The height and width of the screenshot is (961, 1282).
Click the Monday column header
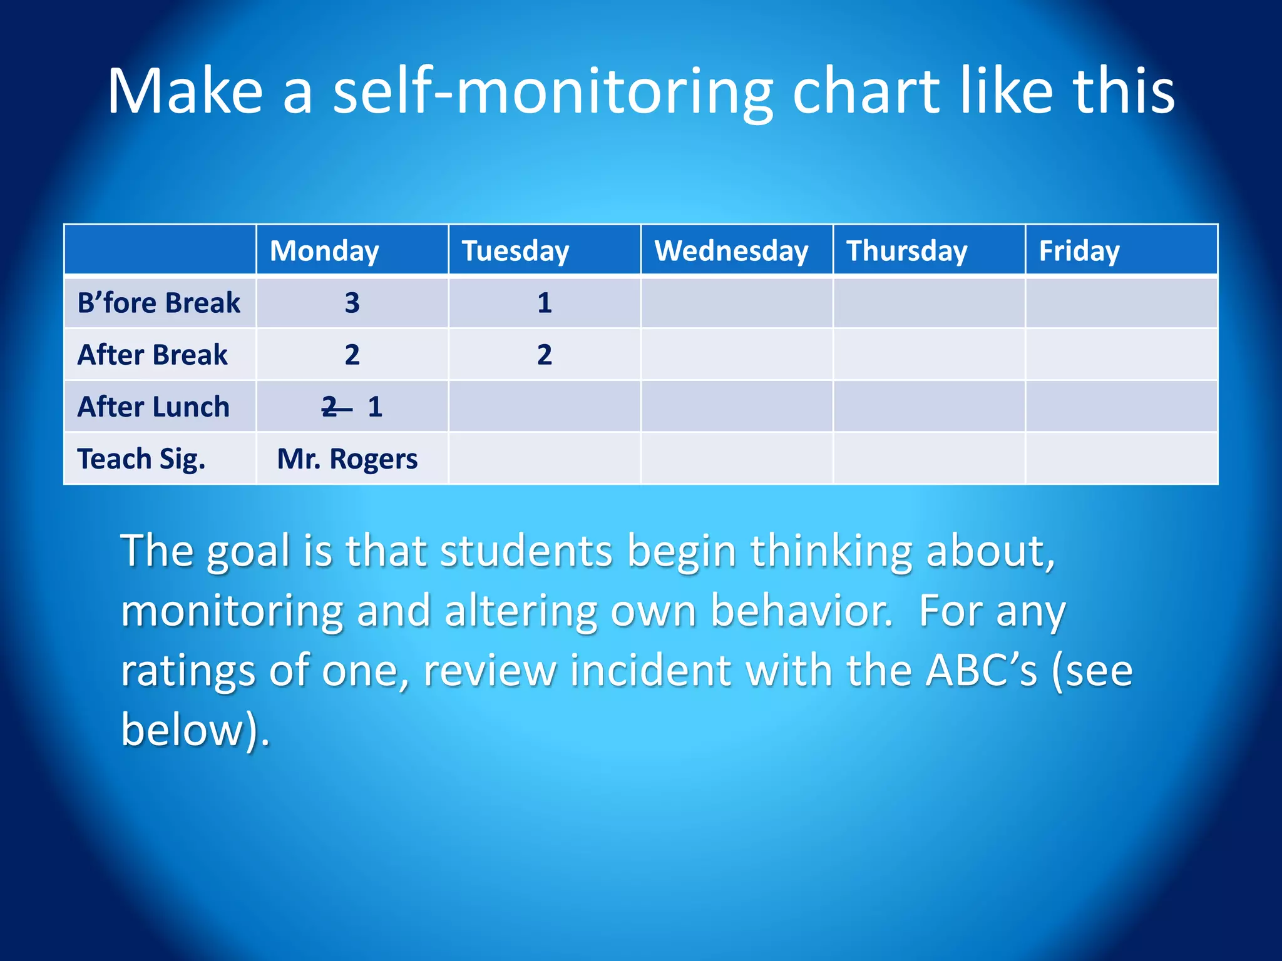coord(324,250)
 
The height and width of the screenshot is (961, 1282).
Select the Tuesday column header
coord(516,250)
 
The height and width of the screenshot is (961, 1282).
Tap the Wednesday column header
coord(732,250)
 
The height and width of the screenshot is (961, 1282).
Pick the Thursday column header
coord(907,250)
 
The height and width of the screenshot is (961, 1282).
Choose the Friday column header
coord(1079,250)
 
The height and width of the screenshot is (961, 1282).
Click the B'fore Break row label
coord(158,303)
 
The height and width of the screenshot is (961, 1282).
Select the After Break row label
coord(152,355)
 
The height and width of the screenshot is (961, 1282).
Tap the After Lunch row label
coord(153,407)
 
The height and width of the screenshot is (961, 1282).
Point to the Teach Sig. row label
coord(141,459)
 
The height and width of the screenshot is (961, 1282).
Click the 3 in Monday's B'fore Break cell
coord(352,303)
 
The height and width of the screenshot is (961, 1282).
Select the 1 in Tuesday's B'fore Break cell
coord(545,303)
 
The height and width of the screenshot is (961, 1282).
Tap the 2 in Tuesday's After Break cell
coord(545,355)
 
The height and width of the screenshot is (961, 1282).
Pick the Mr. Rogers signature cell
coord(347,459)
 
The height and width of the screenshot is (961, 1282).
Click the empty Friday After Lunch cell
coord(1121,407)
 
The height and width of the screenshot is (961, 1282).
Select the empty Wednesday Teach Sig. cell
coord(737,459)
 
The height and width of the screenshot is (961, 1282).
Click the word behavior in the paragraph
coord(801,611)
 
